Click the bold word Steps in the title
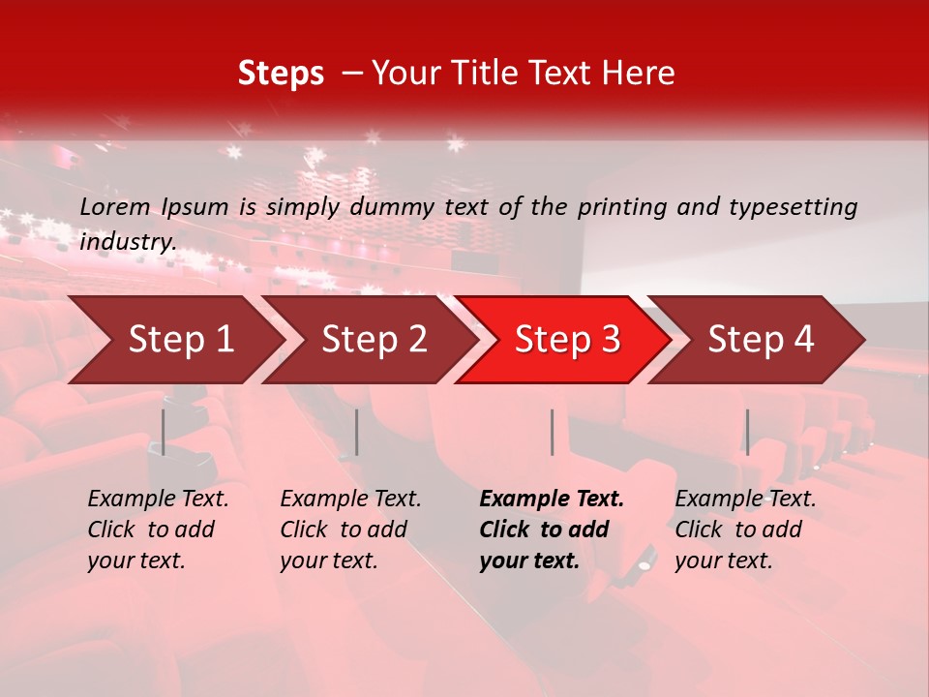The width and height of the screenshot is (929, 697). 281,74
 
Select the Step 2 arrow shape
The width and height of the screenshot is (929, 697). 374,339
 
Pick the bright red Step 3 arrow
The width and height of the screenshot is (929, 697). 567,339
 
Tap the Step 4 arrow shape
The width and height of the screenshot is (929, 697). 761,339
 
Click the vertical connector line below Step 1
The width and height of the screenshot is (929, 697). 164,432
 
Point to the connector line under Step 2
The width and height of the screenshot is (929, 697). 357,432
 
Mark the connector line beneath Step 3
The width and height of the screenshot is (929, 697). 552,432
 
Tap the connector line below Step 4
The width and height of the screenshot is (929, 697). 747,432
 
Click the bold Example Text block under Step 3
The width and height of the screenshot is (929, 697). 552,530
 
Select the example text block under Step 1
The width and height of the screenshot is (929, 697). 158,530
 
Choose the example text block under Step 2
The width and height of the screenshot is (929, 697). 350,530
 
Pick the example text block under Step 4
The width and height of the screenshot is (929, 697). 745,530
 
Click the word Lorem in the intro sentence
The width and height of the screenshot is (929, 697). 115,206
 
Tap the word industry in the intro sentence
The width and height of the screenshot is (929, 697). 128,241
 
